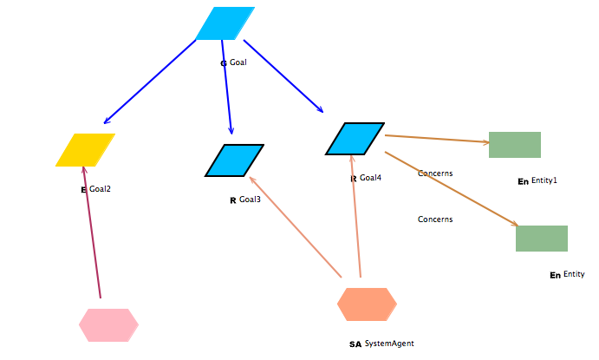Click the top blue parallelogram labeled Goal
(225, 23)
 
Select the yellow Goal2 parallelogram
(85, 149)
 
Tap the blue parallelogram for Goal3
(234, 160)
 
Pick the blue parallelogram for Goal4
(355, 139)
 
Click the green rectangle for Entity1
(514, 145)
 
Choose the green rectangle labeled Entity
(541, 239)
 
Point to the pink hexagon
(108, 325)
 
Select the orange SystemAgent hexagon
(367, 304)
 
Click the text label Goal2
(100, 189)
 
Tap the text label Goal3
(250, 200)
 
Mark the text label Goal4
(370, 178)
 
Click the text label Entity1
(544, 180)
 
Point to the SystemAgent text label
(388, 344)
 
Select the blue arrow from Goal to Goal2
(149, 82)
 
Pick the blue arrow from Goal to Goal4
(283, 76)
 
